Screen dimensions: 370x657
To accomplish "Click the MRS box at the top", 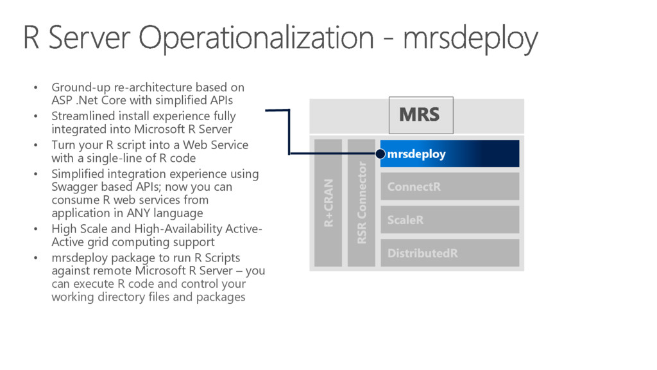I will click(420, 115).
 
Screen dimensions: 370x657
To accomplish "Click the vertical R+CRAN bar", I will click(328, 202).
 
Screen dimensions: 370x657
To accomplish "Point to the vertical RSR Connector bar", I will click(361, 202).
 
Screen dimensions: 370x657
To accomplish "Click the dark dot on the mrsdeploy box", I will click(380, 154).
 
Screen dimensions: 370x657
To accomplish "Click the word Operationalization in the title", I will click(257, 39).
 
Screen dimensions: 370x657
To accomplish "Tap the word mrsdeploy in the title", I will click(470, 39).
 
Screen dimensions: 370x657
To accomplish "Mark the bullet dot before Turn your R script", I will click(37, 145).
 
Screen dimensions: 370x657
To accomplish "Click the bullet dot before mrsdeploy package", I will click(37, 258).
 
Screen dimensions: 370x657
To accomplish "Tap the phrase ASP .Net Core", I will click(88, 100).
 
